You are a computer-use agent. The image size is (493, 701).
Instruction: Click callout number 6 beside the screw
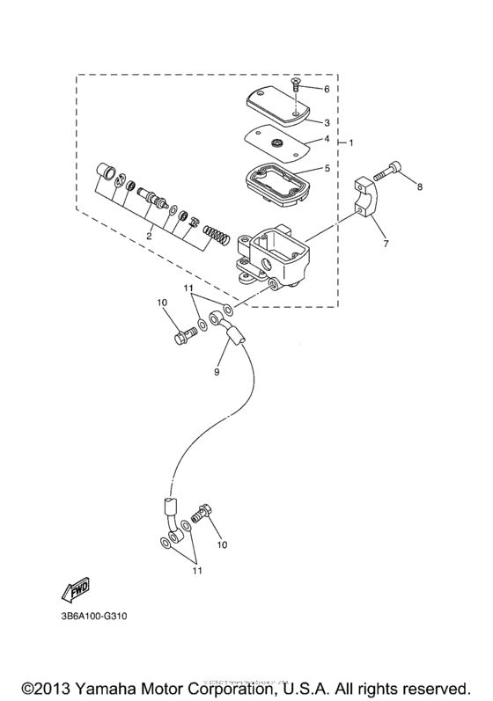coord(326,90)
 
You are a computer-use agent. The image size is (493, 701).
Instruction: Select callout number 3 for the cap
coord(326,122)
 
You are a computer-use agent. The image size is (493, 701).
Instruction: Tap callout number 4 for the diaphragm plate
coord(326,139)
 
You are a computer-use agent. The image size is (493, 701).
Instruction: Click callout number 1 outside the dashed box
coord(351,142)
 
